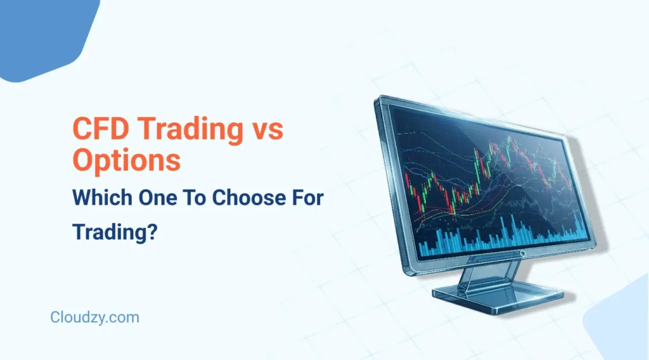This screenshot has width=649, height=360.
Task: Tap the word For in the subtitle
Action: click(307, 198)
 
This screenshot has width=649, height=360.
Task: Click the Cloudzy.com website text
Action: click(94, 318)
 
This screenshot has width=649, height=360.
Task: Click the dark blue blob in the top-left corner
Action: click(44, 32)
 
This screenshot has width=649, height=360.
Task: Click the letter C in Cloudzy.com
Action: click(55, 318)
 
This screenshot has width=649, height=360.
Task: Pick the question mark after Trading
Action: click(152, 232)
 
